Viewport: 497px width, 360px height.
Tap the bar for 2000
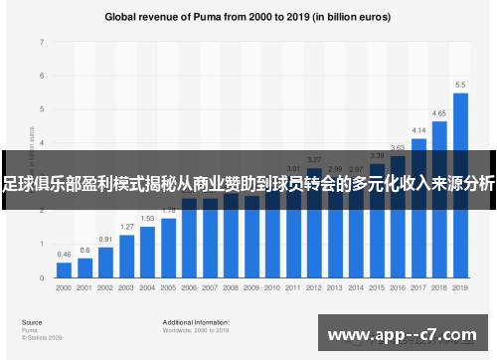[64, 270]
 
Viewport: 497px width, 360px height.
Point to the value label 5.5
[460, 85]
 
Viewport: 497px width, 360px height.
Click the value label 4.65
[439, 113]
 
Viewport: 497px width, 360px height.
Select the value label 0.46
[64, 255]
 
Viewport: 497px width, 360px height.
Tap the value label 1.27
[126, 227]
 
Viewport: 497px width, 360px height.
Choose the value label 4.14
[418, 130]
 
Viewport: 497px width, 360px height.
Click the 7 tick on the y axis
[41, 43]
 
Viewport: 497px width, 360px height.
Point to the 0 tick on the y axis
[41, 277]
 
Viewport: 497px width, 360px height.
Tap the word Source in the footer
[32, 322]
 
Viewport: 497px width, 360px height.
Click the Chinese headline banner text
[248, 182]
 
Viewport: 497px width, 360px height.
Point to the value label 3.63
[398, 147]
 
